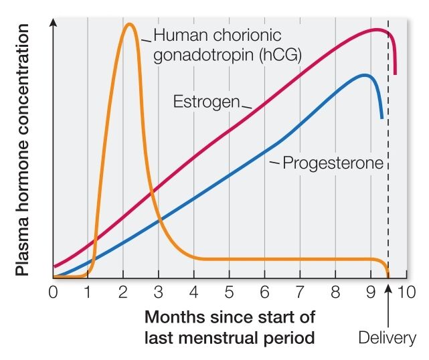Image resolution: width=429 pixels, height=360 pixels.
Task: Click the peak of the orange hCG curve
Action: point(129,25)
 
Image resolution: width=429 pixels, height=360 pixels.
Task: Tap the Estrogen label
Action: point(207,101)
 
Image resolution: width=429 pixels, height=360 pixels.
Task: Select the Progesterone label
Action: point(333,163)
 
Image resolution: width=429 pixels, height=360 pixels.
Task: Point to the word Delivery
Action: point(387,338)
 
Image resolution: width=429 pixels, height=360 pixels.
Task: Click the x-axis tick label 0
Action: point(54,292)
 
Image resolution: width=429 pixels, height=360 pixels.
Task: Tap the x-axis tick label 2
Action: point(123,292)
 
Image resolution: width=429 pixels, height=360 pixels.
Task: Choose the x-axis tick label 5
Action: point(230,292)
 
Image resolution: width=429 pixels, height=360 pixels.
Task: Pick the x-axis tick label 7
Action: point(300,292)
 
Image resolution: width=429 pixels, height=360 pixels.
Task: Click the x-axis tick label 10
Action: point(406,292)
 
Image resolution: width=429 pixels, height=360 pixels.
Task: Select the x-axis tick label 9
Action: point(371,292)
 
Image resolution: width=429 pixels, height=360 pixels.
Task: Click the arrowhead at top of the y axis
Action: point(54,23)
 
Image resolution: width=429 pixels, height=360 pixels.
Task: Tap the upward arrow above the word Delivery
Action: point(388,306)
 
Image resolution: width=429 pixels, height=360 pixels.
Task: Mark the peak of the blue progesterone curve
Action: point(365,75)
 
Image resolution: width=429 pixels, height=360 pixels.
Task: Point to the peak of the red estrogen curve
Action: point(377,29)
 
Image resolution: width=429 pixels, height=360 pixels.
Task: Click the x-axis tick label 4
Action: point(193,292)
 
